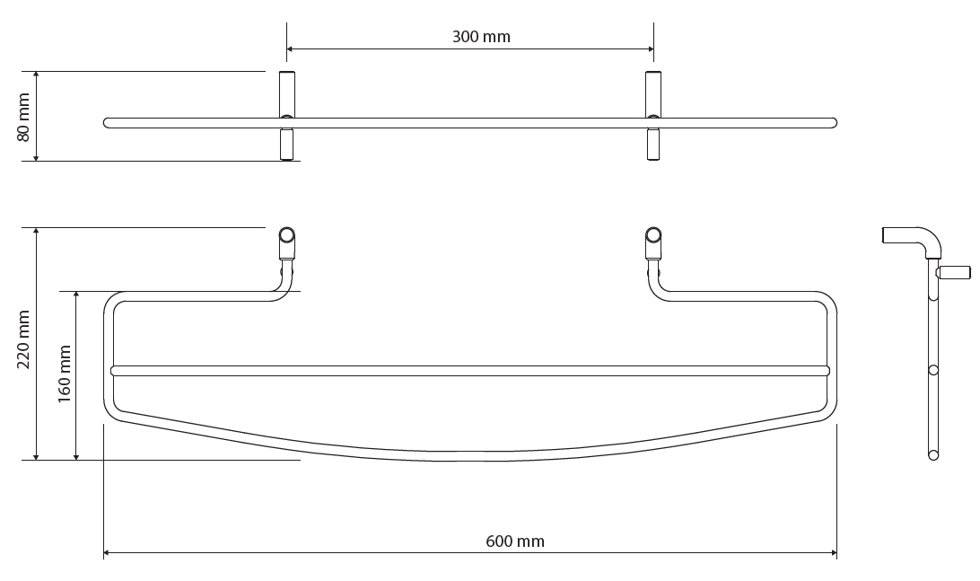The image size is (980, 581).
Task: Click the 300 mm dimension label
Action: point(481,37)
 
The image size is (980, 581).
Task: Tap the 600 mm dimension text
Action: point(515,541)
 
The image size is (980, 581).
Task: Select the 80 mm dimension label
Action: point(23,117)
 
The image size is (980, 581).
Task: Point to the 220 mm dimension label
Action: point(23,339)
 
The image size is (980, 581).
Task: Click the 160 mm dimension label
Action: point(65,374)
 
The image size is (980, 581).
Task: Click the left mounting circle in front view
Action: point(287,235)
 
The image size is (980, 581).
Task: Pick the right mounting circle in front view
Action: point(653,235)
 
